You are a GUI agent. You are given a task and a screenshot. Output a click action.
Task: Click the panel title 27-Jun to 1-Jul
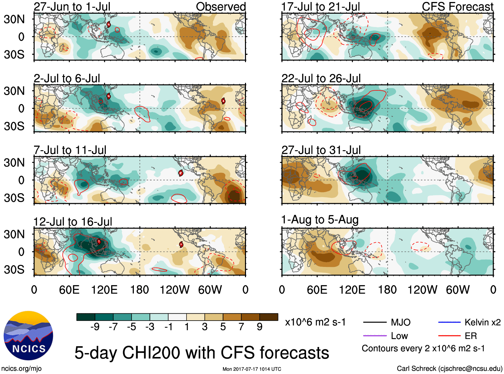(72, 7)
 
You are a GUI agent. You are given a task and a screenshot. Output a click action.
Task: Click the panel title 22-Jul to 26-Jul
(321, 78)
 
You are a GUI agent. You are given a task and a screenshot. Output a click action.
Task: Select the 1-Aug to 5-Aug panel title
(320, 220)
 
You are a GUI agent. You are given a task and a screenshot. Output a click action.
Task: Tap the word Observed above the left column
(221, 7)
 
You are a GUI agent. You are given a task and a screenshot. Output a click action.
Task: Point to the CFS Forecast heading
(457, 7)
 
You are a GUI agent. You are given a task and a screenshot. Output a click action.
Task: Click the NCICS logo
(28, 336)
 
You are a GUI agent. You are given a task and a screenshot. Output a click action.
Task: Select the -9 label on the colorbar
(95, 327)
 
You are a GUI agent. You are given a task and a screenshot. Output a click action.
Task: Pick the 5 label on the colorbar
(223, 327)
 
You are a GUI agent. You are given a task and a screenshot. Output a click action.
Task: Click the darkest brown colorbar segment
(269, 317)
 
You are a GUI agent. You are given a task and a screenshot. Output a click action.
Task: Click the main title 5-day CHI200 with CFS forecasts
(202, 353)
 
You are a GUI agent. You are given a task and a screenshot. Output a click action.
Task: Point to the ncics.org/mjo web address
(21, 368)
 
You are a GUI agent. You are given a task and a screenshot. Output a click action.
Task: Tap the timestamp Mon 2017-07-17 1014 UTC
(252, 369)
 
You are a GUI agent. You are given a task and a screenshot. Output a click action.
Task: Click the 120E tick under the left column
(104, 290)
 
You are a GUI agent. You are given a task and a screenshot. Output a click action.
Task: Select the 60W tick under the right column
(458, 290)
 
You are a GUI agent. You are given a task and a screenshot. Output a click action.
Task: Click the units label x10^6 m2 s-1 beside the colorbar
(315, 322)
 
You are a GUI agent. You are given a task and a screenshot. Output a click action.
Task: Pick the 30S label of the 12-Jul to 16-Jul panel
(14, 270)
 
